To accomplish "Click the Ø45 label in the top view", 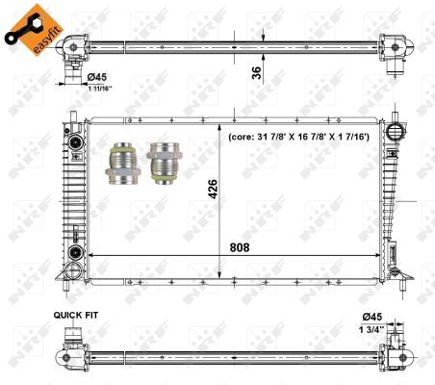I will pos(101,79).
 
